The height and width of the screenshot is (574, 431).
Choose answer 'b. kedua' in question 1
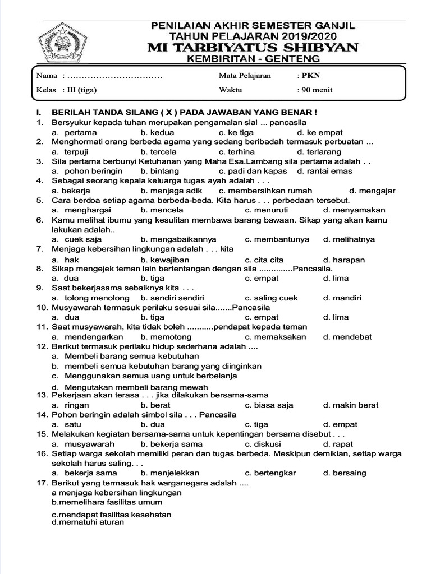[157, 132]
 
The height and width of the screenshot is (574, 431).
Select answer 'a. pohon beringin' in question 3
[86, 171]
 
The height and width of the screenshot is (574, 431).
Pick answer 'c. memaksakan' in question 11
[276, 337]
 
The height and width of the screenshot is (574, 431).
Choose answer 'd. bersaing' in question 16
[344, 473]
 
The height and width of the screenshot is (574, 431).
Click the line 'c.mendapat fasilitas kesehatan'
[112, 514]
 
